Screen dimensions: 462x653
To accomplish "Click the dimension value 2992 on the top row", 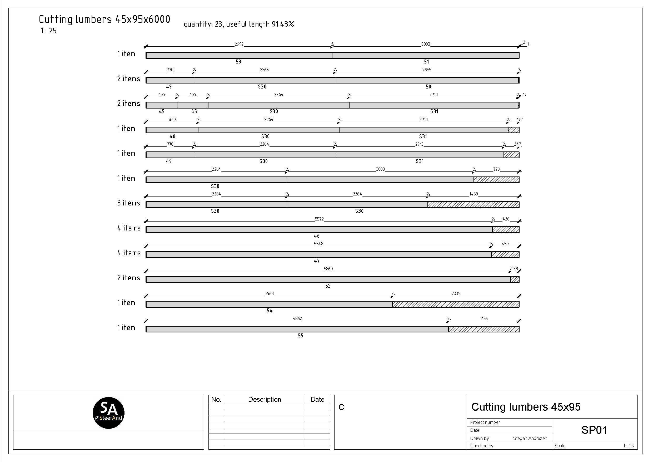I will pos(239,44).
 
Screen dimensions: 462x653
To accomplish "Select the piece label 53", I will pos(238,62).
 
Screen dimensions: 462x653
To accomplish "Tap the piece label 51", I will pos(426,62).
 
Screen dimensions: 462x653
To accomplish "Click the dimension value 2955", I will pos(427,70).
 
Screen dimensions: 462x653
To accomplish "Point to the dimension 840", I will pos(172,120).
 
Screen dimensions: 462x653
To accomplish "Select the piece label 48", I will pos(172,137).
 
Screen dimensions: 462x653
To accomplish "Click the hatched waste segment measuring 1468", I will pos(473,205).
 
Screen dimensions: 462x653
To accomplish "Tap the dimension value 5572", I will pos(319,219).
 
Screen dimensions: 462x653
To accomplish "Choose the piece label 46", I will pos(317,236).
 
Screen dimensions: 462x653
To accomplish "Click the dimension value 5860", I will pos(328,269).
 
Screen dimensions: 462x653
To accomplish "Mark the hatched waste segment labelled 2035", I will pos(456,304).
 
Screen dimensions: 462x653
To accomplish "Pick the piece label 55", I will pos(300,336).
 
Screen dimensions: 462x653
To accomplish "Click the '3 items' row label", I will pos(128,203).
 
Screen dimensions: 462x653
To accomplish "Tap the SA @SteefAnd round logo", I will pos(108,413).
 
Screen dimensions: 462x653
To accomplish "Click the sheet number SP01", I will pos(594,430).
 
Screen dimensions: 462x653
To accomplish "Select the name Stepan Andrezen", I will pos(530,438).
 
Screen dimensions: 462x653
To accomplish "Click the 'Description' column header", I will pos(265,399).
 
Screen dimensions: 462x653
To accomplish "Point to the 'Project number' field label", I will pos(485,422).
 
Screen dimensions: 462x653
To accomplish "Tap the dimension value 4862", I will pos(297,319).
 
